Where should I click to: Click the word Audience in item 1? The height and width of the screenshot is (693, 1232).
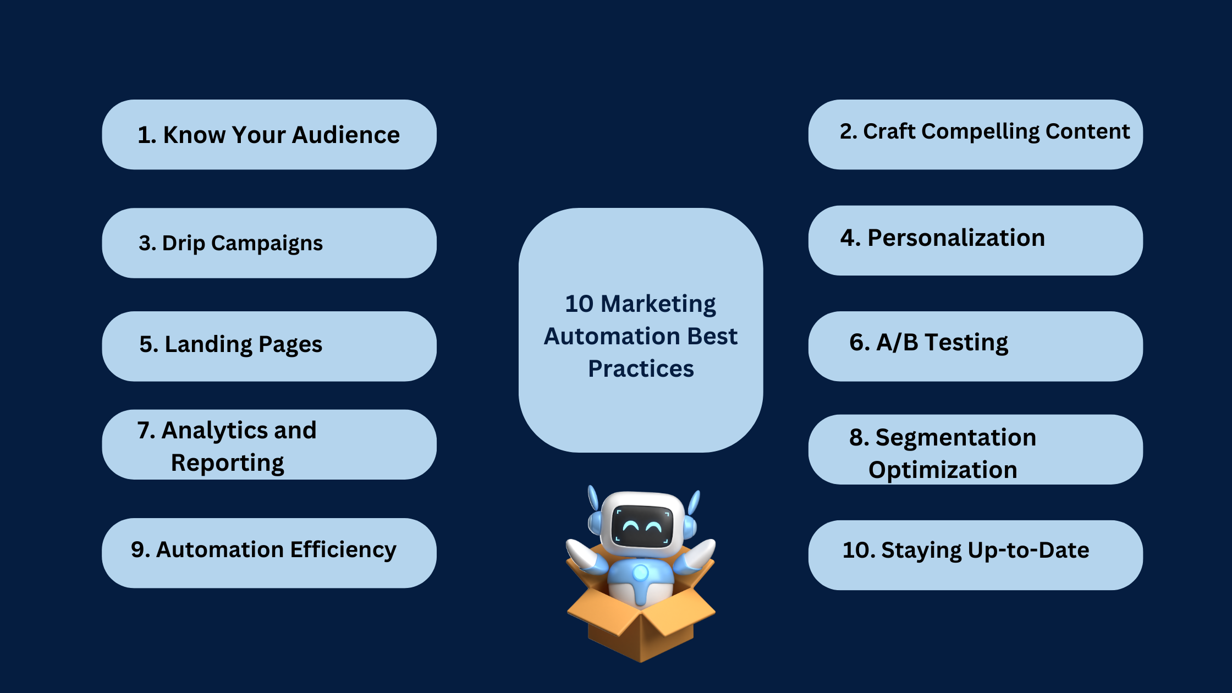pos(345,135)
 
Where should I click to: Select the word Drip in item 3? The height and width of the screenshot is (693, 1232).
pos(183,244)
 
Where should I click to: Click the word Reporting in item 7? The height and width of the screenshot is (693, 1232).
pos(227,463)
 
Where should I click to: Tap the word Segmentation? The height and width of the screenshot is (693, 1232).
pos(956,438)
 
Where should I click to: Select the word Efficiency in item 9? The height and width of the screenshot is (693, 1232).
pos(343,550)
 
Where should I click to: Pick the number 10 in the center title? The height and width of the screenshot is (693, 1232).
pos(579,304)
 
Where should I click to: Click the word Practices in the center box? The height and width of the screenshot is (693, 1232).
pos(641,369)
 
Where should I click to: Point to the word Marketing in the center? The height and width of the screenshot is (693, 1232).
pos(658,304)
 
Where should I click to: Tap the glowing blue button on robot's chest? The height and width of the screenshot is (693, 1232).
pos(641,573)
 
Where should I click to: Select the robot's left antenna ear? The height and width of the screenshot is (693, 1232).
pos(593,498)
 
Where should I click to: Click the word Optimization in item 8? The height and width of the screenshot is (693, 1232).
pos(943,470)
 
